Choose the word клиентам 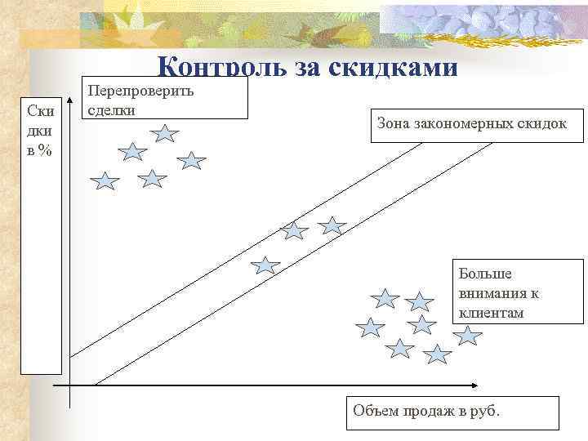(x=491, y=313)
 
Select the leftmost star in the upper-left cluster (x=105, y=181)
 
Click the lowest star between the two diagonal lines (x=265, y=265)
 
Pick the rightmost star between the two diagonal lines (x=332, y=226)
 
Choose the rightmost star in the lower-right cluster (x=467, y=335)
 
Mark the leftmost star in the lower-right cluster (x=371, y=328)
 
